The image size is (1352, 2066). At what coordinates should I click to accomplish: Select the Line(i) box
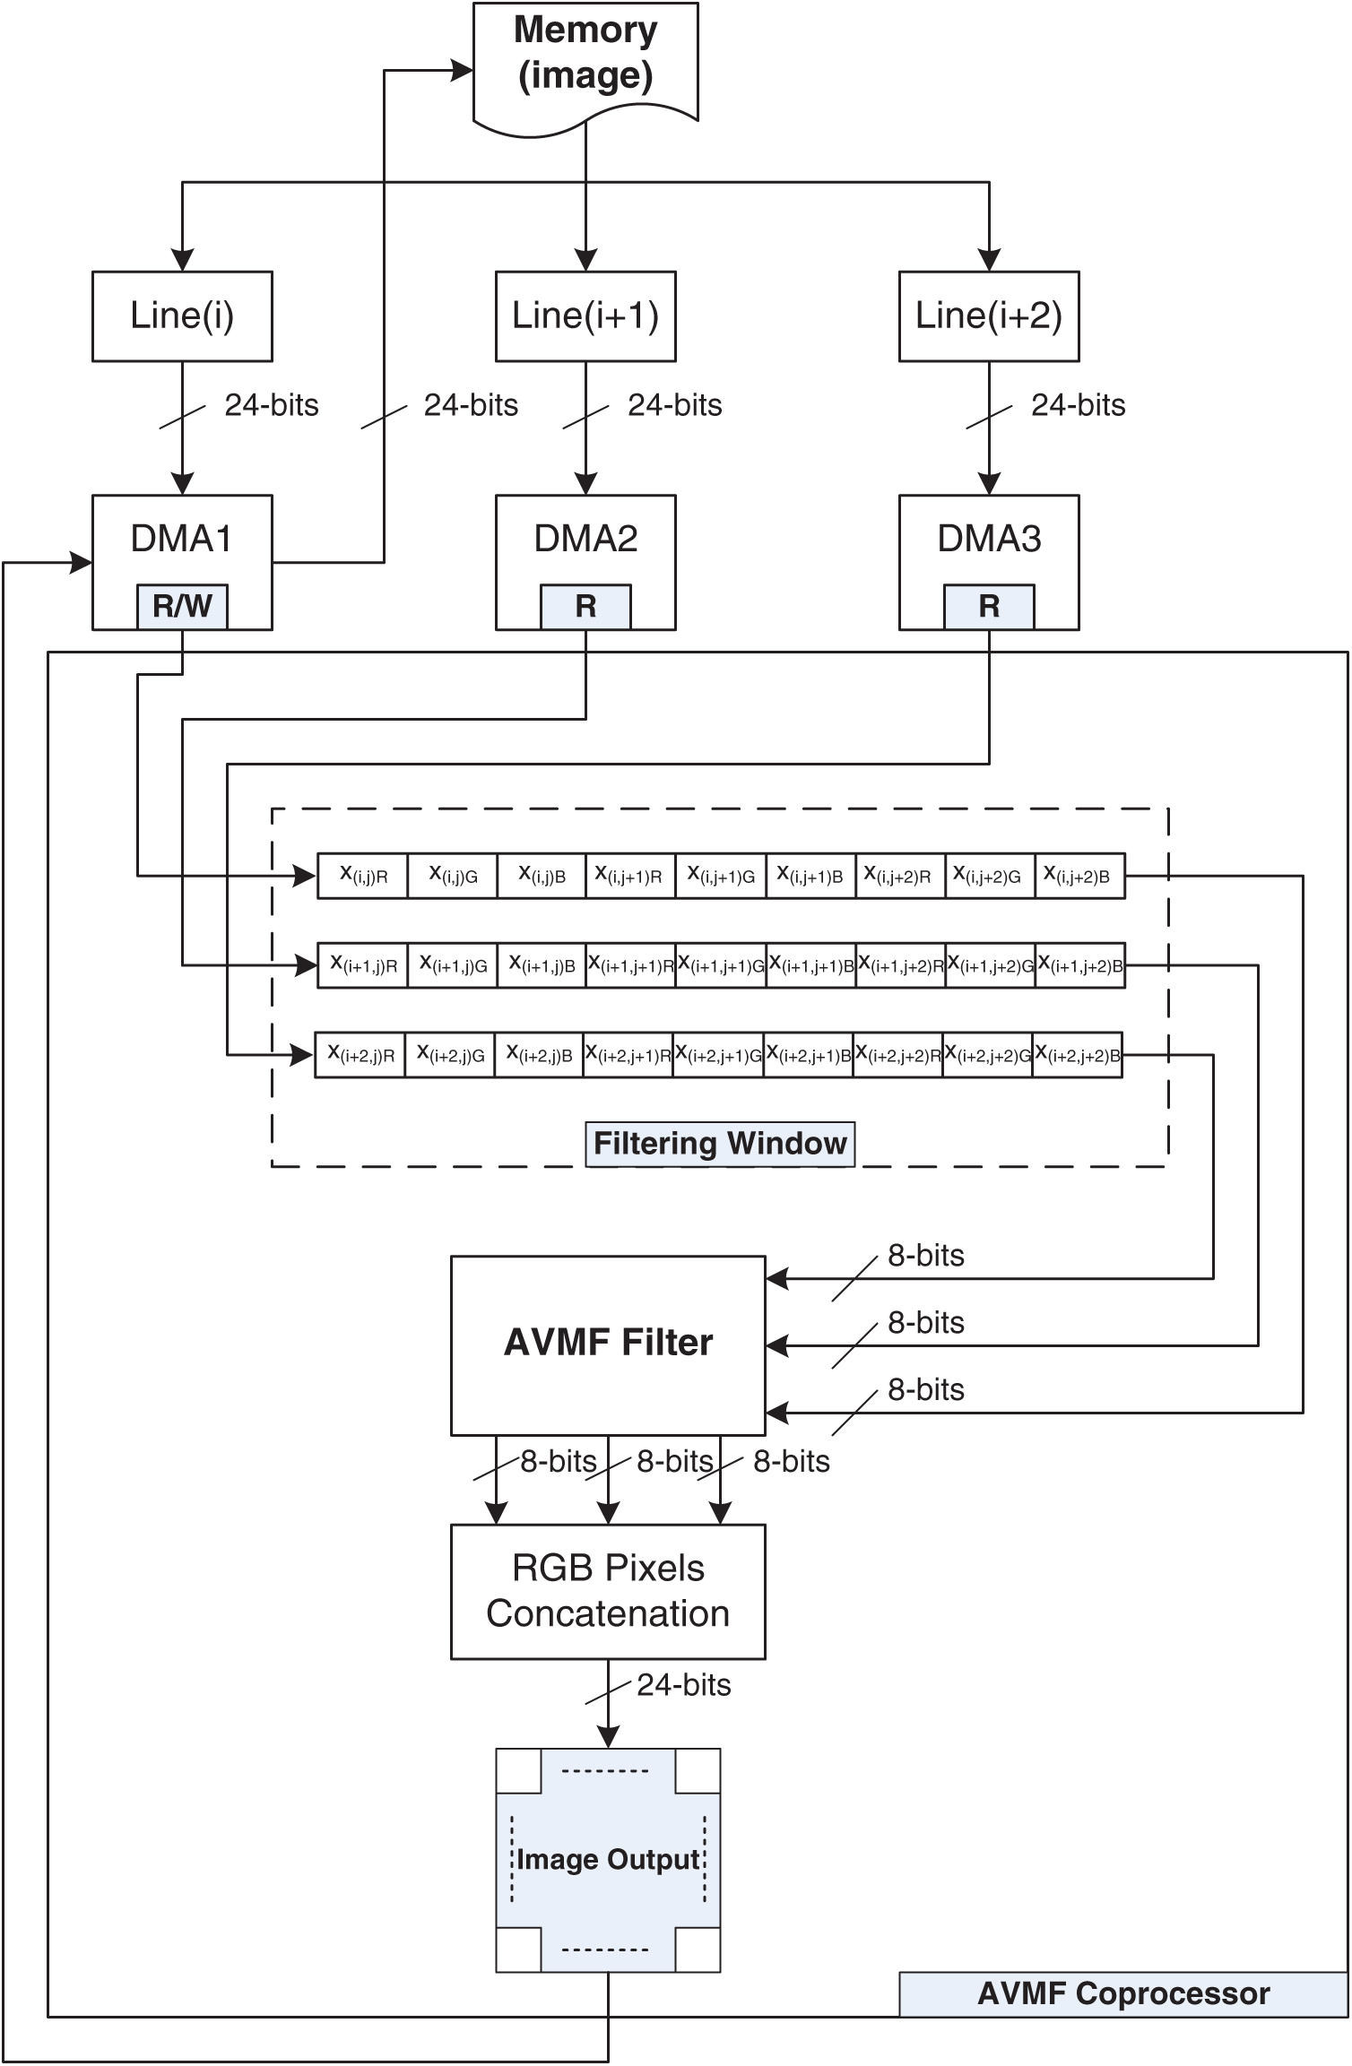point(182,316)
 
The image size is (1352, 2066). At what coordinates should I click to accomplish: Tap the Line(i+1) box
point(585,316)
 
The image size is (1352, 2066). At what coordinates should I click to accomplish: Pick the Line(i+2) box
point(989,316)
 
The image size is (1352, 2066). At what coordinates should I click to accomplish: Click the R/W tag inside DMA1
point(182,607)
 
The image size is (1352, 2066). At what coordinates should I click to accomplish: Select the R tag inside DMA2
point(585,607)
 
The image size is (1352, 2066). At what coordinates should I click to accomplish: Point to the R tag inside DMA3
point(989,607)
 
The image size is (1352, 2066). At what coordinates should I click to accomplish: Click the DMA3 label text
point(989,539)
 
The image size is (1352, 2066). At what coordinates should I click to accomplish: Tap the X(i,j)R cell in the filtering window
point(363,876)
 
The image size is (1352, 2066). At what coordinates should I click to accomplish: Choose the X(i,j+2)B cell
point(1079,876)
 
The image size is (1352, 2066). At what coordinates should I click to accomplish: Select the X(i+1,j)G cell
point(453,965)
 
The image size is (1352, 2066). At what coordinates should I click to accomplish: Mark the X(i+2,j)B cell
point(539,1055)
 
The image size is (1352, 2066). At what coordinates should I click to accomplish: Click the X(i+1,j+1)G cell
point(721,965)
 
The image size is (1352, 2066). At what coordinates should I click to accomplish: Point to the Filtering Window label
point(720,1144)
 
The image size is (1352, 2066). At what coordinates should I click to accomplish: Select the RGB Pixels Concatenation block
point(608,1591)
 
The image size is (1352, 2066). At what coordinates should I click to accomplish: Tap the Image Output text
point(608,1860)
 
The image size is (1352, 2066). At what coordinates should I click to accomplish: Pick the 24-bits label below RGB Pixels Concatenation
point(684,1685)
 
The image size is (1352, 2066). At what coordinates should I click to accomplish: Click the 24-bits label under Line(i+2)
point(1078,405)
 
